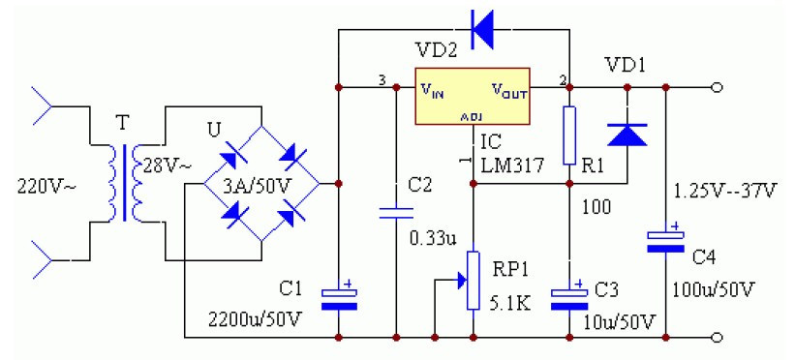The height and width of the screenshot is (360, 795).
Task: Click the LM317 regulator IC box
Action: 472,97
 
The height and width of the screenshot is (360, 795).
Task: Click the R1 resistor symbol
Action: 569,128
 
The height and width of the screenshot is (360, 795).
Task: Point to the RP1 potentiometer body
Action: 473,281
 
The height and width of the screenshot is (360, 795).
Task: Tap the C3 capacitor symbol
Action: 569,295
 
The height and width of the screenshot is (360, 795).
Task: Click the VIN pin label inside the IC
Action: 433,90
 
